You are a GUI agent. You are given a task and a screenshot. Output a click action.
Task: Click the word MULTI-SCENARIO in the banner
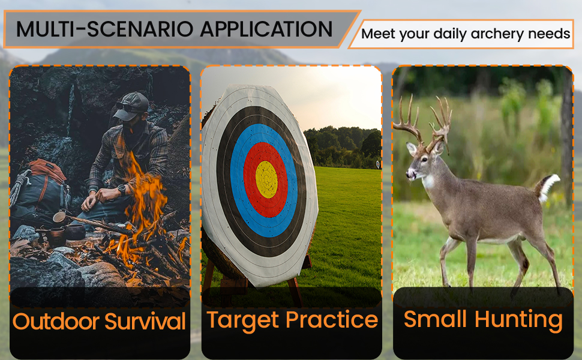104,29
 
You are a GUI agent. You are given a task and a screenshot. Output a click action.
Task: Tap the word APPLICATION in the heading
266,29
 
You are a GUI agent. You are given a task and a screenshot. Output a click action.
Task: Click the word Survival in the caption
145,321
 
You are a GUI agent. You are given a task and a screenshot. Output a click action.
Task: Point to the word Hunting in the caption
518,320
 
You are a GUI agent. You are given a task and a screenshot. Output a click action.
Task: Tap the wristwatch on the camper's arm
122,190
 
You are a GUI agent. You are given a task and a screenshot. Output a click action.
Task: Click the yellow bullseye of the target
266,179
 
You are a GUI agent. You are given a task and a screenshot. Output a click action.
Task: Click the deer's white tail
549,187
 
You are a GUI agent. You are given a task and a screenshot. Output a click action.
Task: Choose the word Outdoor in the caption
56,321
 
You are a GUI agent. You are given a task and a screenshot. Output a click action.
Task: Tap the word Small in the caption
435,319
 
